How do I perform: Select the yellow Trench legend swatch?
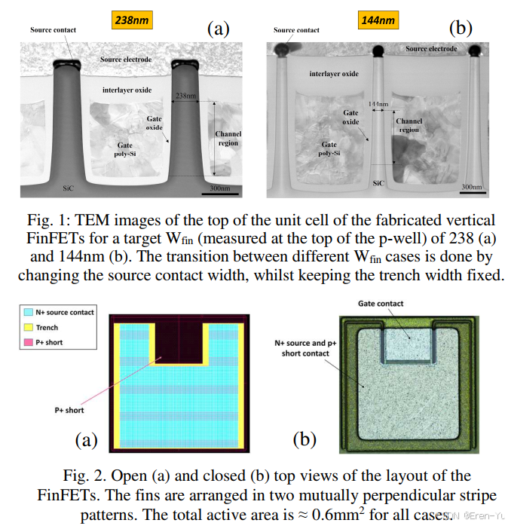pos(29,327)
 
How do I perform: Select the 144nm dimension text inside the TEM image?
pos(378,102)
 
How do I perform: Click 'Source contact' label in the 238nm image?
pos(52,30)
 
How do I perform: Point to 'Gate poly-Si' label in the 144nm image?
pos(329,148)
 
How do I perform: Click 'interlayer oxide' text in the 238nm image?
pos(126,90)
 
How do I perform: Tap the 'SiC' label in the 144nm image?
pos(377,182)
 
